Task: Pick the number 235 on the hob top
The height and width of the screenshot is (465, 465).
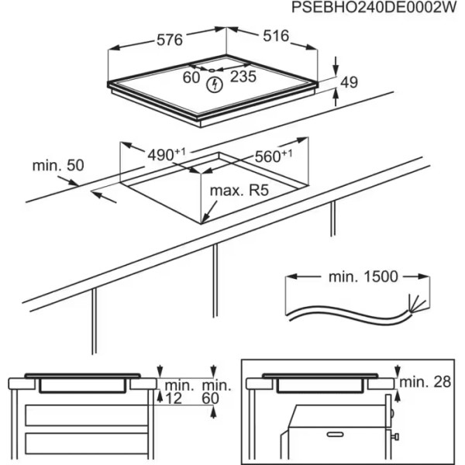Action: pyautogui.click(x=243, y=76)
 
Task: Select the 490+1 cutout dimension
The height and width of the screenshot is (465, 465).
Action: pyautogui.click(x=166, y=153)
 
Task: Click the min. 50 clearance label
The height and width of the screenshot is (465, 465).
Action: pyautogui.click(x=57, y=165)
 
